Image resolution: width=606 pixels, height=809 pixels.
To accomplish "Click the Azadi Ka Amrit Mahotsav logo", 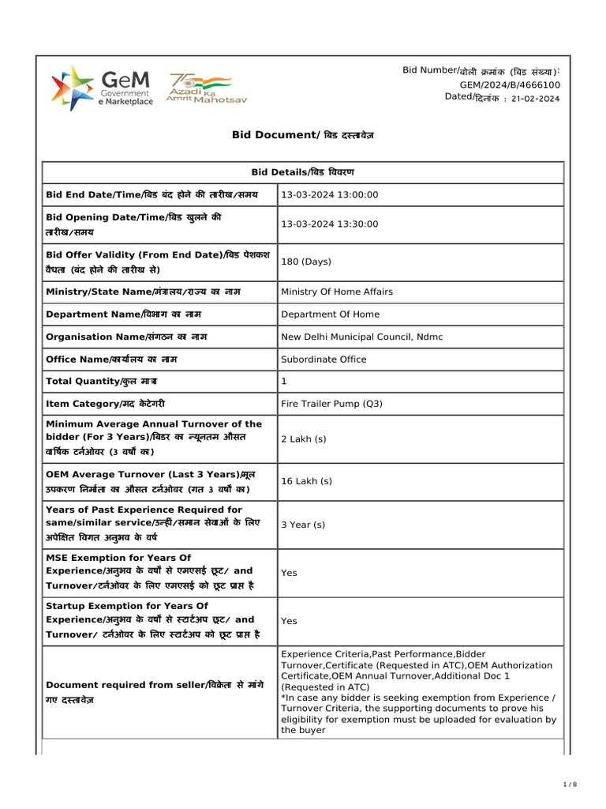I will [198, 89].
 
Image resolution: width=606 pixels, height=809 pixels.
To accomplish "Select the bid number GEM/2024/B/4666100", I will [510, 85].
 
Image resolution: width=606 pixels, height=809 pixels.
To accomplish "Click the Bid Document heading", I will [303, 135].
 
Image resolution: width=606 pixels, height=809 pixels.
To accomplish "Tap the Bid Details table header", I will [303, 171].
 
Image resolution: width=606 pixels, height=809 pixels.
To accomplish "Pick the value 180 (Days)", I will [306, 262].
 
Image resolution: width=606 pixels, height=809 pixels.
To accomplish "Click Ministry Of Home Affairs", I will [337, 292].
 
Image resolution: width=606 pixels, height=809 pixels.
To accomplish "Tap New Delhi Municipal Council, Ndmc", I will [362, 337].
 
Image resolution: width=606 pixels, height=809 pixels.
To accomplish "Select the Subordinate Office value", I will [324, 359].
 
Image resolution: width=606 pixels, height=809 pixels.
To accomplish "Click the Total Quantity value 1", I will [284, 382].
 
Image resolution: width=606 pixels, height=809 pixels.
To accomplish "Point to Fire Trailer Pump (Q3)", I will [331, 404].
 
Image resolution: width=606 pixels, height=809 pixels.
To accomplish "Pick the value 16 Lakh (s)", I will [307, 481].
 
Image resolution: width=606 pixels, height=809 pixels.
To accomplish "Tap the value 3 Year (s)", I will [303, 525].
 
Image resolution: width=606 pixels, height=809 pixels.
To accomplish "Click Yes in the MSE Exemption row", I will [289, 573].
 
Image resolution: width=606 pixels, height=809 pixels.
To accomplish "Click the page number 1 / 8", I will [570, 784].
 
